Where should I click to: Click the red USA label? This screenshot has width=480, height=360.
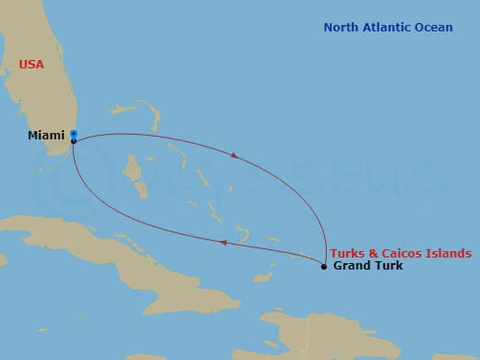(x=31, y=65)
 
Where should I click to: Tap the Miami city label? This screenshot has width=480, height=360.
(x=45, y=136)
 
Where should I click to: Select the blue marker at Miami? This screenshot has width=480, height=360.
(x=73, y=134)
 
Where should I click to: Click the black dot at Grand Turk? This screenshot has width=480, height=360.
(x=323, y=267)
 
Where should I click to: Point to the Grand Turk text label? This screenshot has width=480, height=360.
(x=367, y=267)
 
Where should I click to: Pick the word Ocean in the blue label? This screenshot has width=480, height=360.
(x=434, y=28)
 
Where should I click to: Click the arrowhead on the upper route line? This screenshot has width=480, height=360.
(x=234, y=156)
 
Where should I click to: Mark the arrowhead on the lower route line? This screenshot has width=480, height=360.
(x=222, y=243)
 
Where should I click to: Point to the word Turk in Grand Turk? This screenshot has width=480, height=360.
(x=388, y=267)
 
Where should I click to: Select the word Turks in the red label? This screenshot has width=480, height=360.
(x=347, y=253)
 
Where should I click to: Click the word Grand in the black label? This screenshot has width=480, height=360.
(x=351, y=267)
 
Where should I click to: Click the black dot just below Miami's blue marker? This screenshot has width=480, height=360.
(x=73, y=141)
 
